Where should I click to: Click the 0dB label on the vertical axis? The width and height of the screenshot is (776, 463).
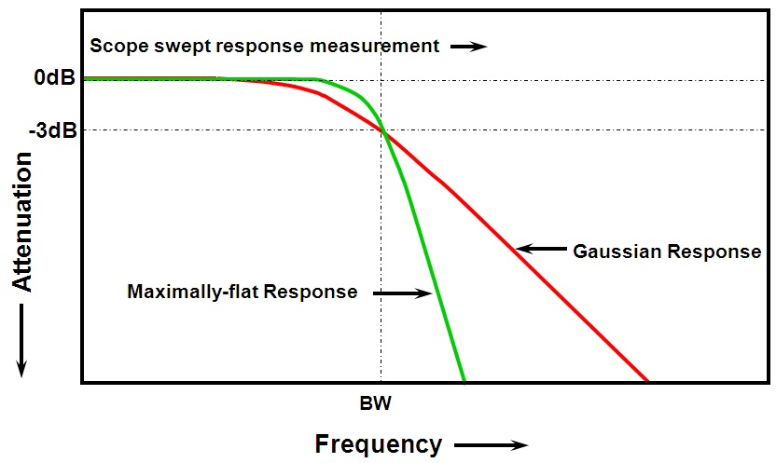tap(54, 78)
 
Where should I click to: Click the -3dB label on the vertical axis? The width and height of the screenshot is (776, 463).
tap(51, 129)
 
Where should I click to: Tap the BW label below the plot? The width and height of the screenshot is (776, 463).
tap(380, 405)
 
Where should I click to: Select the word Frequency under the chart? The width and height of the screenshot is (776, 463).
tap(378, 443)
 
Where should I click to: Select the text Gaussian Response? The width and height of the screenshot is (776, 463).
tap(667, 251)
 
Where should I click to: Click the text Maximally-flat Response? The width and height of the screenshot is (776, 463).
tap(242, 293)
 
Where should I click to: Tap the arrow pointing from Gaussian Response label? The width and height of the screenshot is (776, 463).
tap(541, 249)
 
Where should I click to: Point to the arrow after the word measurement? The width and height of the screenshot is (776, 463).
tap(470, 46)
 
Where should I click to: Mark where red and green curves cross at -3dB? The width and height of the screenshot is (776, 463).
tap(381, 130)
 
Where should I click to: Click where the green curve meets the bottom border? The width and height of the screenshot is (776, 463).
tap(463, 380)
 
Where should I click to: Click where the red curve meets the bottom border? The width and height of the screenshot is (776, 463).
tap(646, 380)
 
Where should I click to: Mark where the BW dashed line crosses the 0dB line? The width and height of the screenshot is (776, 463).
tap(381, 79)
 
